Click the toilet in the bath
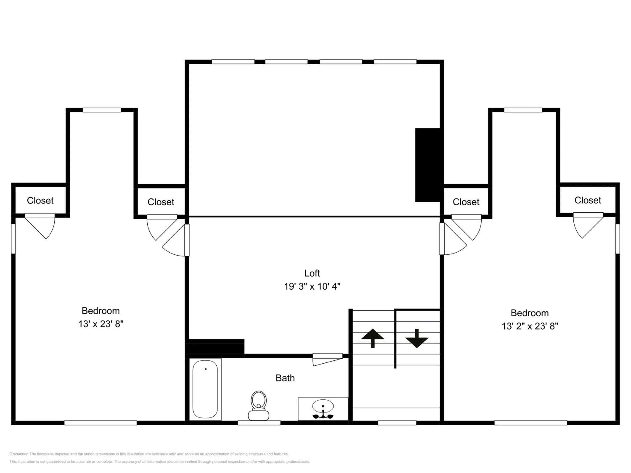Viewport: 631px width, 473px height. [x=258, y=406]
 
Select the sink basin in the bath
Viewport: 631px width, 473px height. [x=323, y=406]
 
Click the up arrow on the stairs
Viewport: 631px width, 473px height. [x=373, y=338]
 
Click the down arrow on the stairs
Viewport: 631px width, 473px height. [x=417, y=338]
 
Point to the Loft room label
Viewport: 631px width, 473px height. [x=312, y=273]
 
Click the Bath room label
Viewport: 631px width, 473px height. [x=285, y=378]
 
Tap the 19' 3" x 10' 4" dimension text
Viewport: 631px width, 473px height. [x=312, y=286]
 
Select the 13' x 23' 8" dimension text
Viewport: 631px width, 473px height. [x=101, y=324]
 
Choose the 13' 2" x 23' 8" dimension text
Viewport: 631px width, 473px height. [x=530, y=326]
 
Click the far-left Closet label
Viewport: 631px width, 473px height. [x=40, y=200]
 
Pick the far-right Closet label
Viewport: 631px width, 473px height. [x=588, y=200]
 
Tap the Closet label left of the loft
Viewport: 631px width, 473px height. [x=161, y=202]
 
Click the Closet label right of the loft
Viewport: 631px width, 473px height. [x=466, y=202]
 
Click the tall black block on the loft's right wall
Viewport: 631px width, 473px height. [x=428, y=165]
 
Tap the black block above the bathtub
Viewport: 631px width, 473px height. [x=216, y=346]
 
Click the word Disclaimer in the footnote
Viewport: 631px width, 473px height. [x=19, y=454]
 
